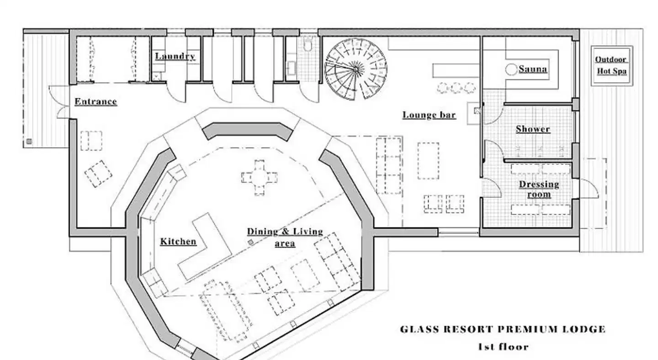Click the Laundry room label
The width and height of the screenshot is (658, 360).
coord(175,56)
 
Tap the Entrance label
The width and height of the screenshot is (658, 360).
coord(96,101)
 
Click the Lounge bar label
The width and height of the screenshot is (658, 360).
coord(429,115)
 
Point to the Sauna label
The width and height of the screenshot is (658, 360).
coord(533,69)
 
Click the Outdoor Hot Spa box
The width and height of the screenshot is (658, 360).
coord(611,66)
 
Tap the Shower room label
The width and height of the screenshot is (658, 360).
coord(533,129)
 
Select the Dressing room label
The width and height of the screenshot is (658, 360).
coord(539,189)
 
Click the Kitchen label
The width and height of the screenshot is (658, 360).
coord(178,241)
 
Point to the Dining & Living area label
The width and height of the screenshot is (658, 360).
coord(285,237)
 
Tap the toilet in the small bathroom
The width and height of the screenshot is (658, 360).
coord(308,45)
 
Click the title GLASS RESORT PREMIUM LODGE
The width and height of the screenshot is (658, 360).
coord(503,329)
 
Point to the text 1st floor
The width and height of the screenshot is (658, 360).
coord(503,347)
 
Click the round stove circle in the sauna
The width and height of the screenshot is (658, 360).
coord(510,69)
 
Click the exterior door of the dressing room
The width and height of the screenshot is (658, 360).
coord(589,189)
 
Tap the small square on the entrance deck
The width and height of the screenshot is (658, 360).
coord(29,142)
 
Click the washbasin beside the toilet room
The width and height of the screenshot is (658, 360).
coord(290,69)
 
